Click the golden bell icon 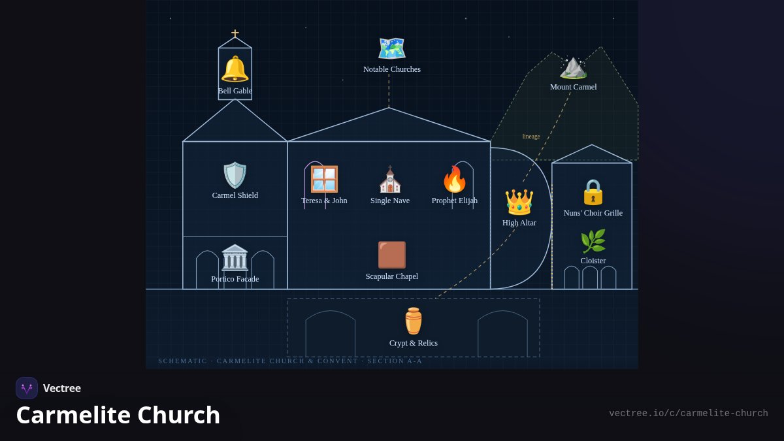point(235,69)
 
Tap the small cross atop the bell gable point(235,33)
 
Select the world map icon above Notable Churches point(391,48)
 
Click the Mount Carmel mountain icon point(573,68)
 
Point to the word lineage point(531,137)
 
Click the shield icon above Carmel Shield point(235,175)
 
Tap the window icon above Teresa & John point(325,179)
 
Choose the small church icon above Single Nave point(390,179)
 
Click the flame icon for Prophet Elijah point(455,179)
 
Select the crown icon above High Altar point(519,202)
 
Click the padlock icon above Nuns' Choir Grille point(593,192)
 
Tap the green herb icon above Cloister point(593,241)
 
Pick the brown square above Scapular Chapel point(391,255)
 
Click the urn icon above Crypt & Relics point(414,321)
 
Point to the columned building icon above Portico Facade point(235,257)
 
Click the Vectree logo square point(27,388)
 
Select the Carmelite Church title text point(118,415)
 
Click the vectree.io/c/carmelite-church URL point(689,414)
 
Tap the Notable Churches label point(391,69)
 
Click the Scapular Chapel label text point(391,276)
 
